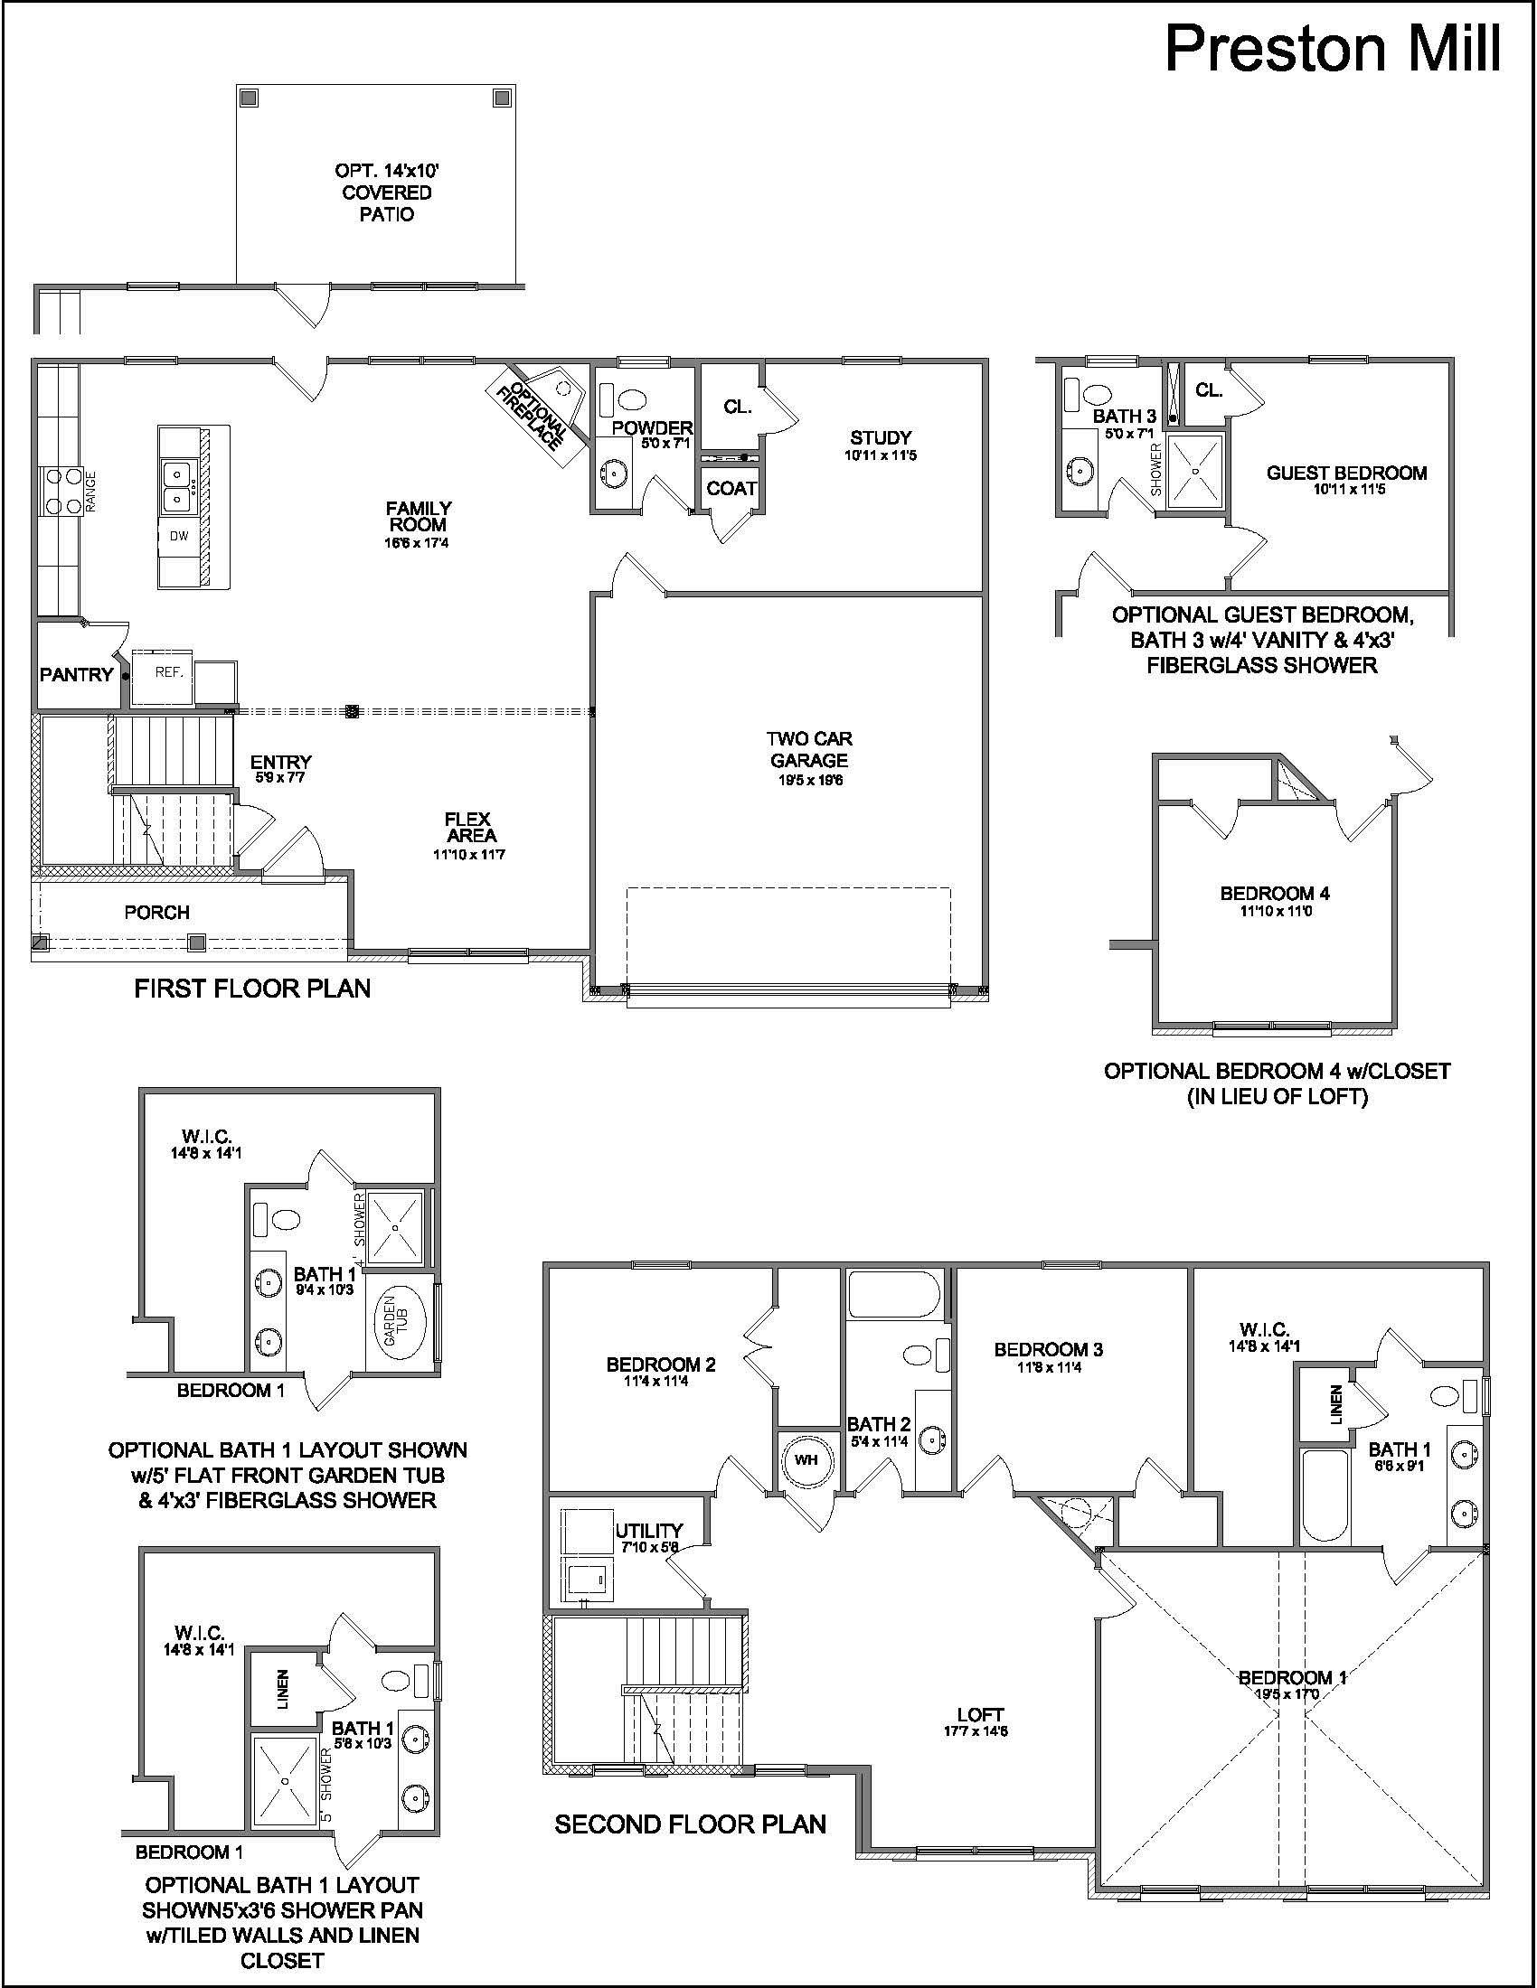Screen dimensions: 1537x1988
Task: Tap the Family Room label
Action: (x=419, y=516)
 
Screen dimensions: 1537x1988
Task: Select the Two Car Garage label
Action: (x=808, y=749)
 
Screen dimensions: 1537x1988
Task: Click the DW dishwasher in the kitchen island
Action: (x=180, y=536)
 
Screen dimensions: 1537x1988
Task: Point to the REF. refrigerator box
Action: (x=163, y=677)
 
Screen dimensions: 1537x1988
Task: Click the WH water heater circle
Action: (x=806, y=1460)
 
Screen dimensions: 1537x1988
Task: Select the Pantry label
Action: (x=77, y=674)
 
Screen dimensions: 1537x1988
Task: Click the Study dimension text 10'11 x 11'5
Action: (x=881, y=455)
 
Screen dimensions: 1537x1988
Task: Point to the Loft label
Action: (x=981, y=1715)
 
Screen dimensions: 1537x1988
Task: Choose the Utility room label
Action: (x=649, y=1530)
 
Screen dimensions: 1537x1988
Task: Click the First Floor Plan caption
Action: (x=253, y=989)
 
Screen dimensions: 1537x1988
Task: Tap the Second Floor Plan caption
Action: (x=690, y=1824)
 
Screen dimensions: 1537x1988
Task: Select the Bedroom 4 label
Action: (x=1275, y=893)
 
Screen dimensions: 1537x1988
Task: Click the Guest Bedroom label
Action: (x=1347, y=473)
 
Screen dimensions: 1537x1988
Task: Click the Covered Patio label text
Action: (x=387, y=192)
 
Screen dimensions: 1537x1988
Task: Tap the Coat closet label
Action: (x=732, y=489)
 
